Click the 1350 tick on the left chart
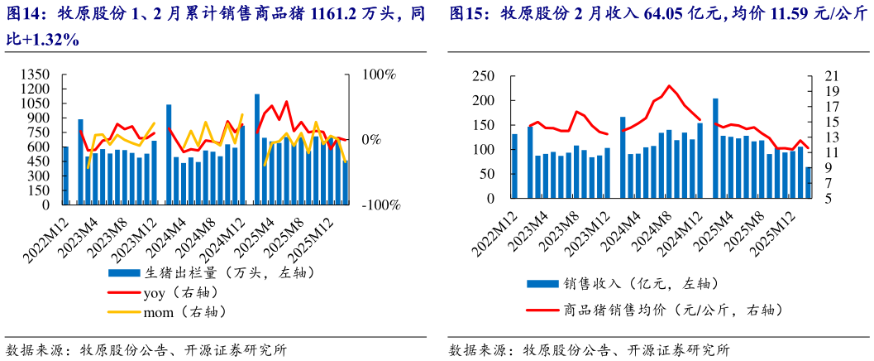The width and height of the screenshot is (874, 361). (x=36, y=75)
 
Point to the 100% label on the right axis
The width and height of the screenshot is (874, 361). (x=378, y=75)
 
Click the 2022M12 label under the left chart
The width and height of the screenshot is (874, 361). (x=48, y=237)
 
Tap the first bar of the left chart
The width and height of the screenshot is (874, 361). (x=65, y=176)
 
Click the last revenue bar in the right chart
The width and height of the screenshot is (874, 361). (x=808, y=183)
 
